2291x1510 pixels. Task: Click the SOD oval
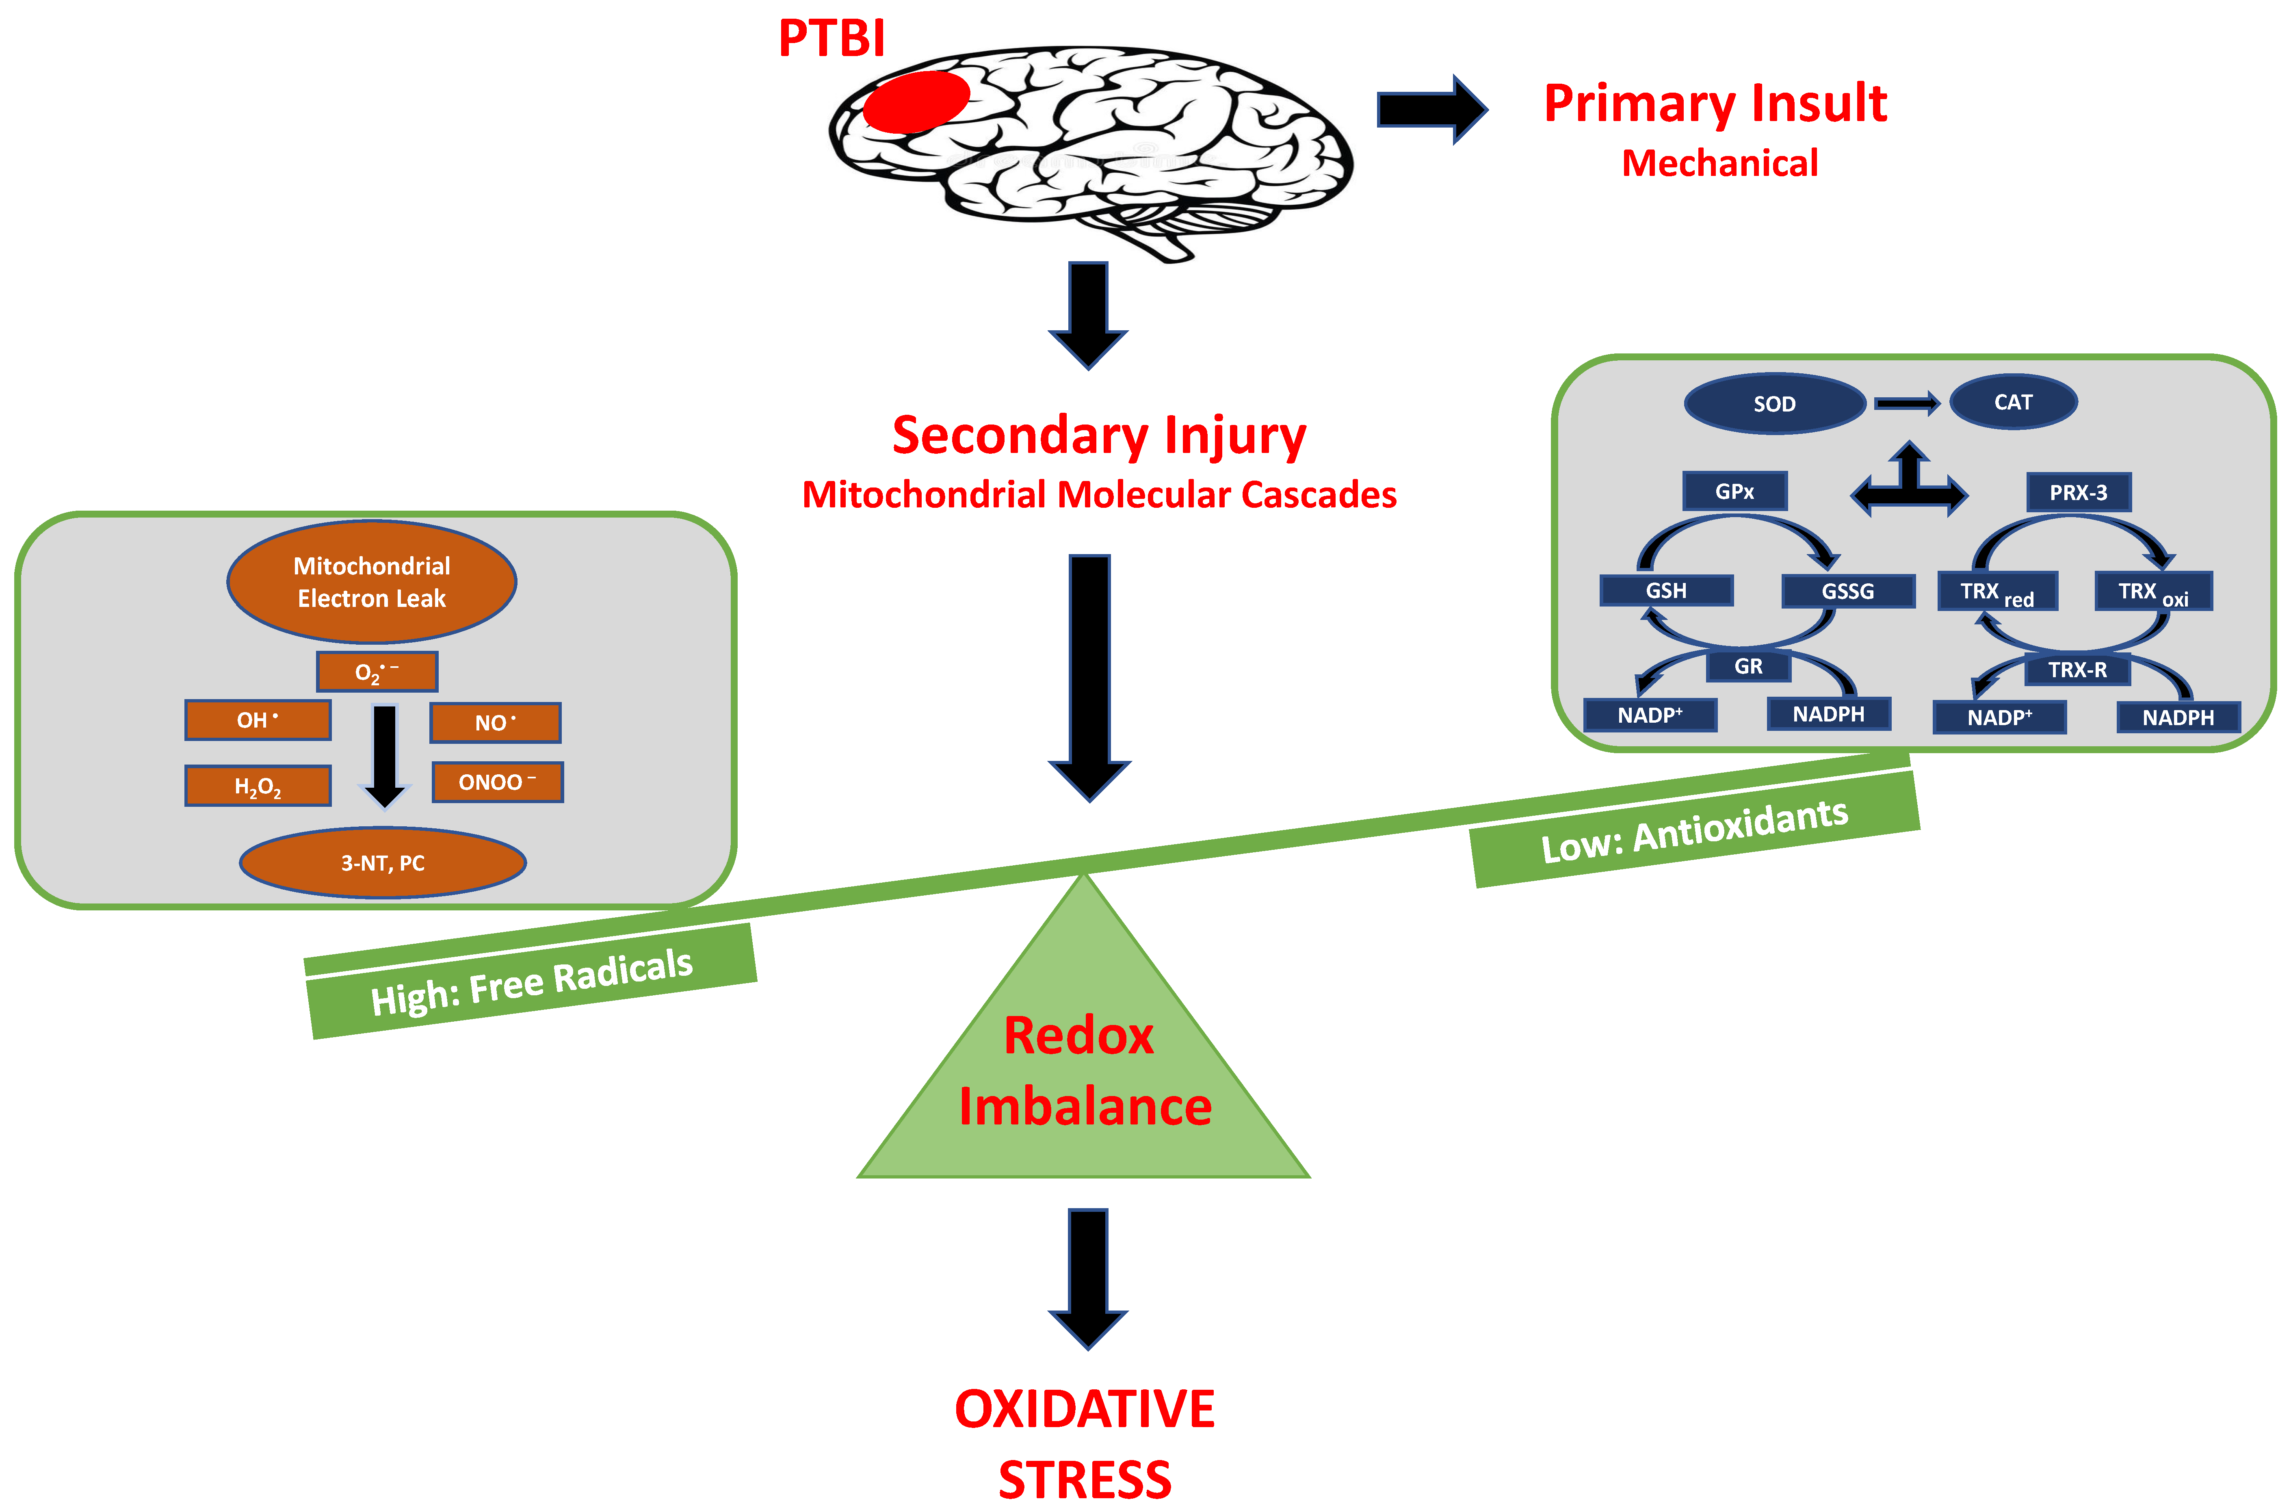[1774, 403]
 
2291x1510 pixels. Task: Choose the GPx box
[1734, 491]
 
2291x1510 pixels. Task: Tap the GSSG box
[1847, 590]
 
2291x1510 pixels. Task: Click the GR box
[1748, 665]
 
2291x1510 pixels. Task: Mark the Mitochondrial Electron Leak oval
[372, 582]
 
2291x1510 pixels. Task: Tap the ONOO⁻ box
[497, 782]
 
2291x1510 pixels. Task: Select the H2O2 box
[258, 786]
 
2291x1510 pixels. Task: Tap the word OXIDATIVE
[1084, 1409]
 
